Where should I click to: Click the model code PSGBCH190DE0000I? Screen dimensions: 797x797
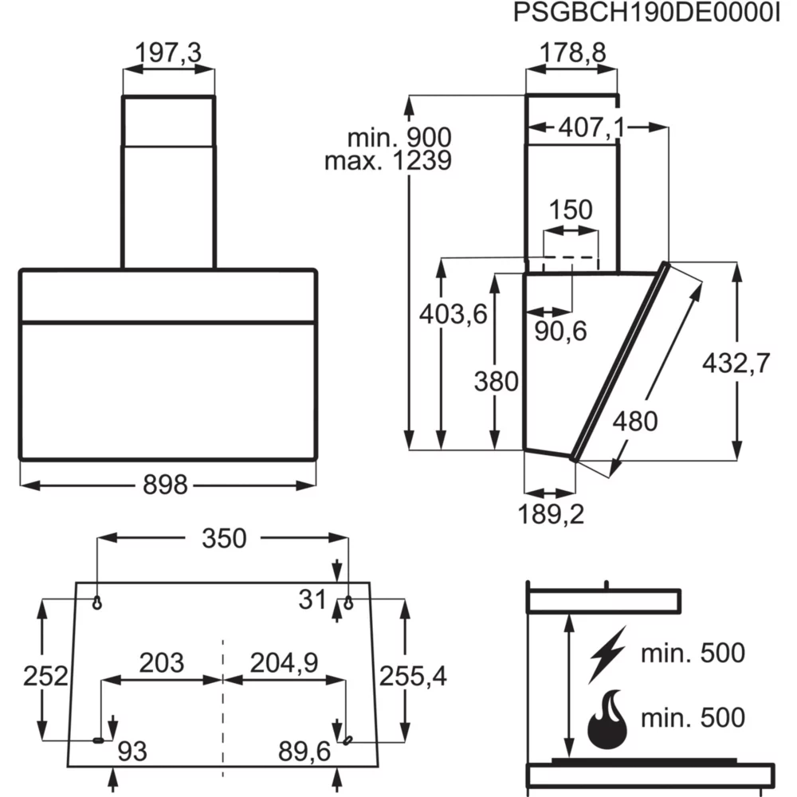click(646, 14)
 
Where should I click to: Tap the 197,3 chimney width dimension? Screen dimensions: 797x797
click(168, 54)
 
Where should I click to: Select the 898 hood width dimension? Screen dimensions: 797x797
click(166, 484)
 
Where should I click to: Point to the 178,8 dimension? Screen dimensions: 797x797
click(571, 54)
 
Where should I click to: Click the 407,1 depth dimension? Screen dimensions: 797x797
click(591, 126)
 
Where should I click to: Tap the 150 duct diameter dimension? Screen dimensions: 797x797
click(571, 210)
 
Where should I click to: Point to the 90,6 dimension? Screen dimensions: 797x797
click(560, 331)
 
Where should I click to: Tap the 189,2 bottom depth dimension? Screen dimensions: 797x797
click(551, 514)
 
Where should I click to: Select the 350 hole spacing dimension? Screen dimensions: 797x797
click(223, 539)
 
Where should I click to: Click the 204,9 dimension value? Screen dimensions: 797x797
click(284, 662)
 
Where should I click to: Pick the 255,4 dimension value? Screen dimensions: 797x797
click(412, 677)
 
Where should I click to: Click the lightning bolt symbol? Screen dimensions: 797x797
click(607, 655)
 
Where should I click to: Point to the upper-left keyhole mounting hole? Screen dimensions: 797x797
click(97, 603)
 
